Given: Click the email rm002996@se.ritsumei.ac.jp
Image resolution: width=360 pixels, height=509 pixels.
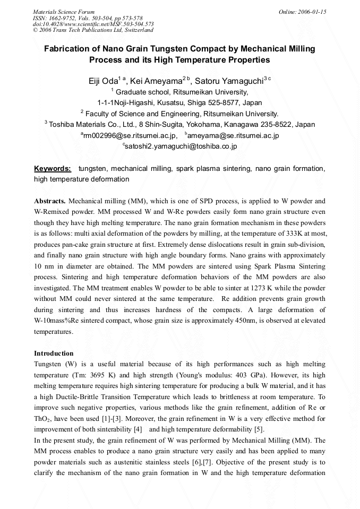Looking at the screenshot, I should tap(130, 135).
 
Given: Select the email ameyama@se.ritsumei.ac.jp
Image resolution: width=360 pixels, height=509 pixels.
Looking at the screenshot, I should tap(232, 135).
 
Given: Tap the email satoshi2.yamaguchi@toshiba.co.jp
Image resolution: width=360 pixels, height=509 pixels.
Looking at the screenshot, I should tap(181, 146).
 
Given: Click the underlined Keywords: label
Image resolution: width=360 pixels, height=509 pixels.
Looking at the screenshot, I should tap(53, 169).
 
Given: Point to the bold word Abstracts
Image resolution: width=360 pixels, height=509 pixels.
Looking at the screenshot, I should tap(50, 201).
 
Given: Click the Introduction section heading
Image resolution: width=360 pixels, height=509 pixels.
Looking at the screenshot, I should tap(54, 353).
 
